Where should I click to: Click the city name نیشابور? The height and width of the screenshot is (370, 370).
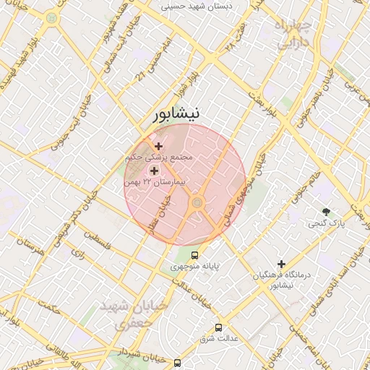coord(185,115)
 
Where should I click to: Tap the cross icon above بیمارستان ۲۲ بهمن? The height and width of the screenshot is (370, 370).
coord(154,171)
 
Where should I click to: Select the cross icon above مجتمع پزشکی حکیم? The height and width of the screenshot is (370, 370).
coord(159,146)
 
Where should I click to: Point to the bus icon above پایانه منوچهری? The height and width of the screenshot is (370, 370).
coord(194,255)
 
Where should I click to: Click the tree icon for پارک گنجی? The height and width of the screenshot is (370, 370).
coord(327,212)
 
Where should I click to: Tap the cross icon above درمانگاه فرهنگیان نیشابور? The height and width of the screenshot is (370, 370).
coord(282,264)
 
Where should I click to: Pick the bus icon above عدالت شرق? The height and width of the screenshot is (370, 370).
coord(218,326)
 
